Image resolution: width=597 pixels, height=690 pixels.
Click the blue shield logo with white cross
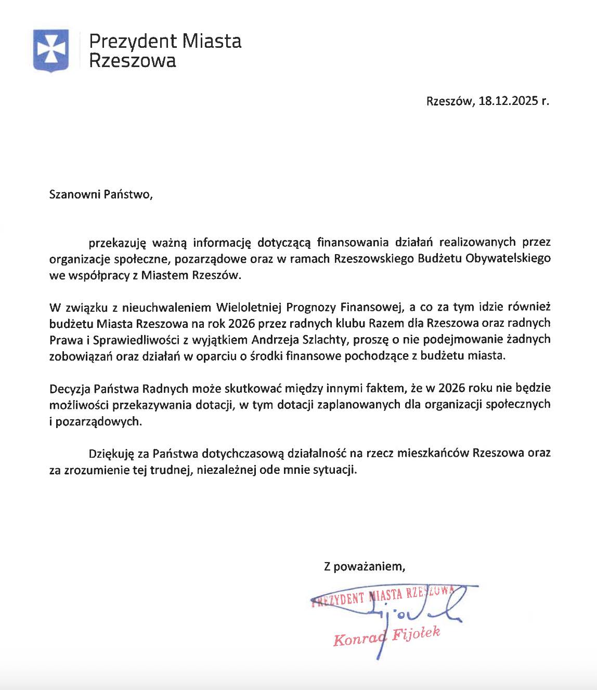(x=50, y=50)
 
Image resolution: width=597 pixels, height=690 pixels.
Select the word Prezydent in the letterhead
(x=129, y=41)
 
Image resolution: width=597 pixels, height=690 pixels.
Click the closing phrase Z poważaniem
(x=364, y=566)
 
